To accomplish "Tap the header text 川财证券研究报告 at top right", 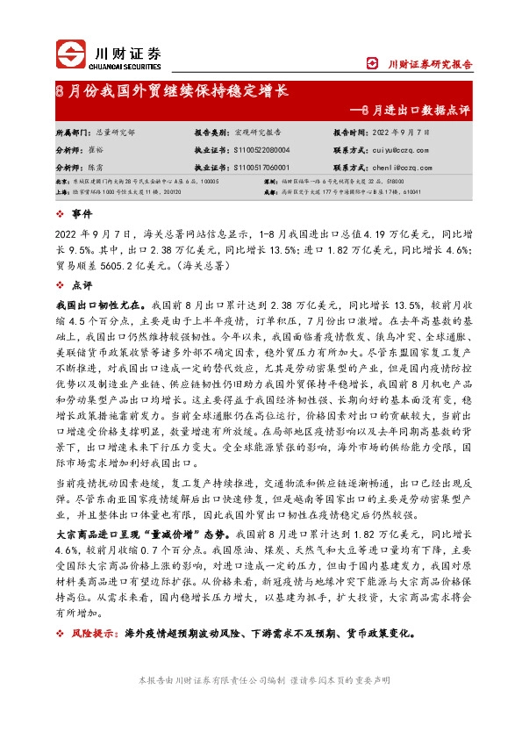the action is tap(430, 63).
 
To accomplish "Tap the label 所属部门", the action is tap(72, 132).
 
